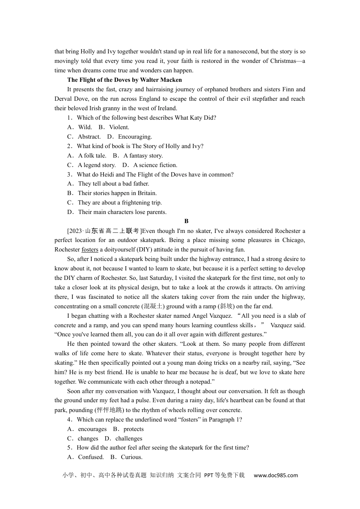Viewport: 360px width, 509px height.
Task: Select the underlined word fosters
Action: (x=90, y=250)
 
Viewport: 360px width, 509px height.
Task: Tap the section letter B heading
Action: (x=186, y=221)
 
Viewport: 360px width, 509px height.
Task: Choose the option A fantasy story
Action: (x=143, y=156)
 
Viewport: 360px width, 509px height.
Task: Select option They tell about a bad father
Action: (x=113, y=184)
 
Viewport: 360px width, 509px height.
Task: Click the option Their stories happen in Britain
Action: (x=117, y=193)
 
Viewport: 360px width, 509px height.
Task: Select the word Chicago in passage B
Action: (x=294, y=240)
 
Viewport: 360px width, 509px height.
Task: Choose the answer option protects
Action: (x=133, y=429)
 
